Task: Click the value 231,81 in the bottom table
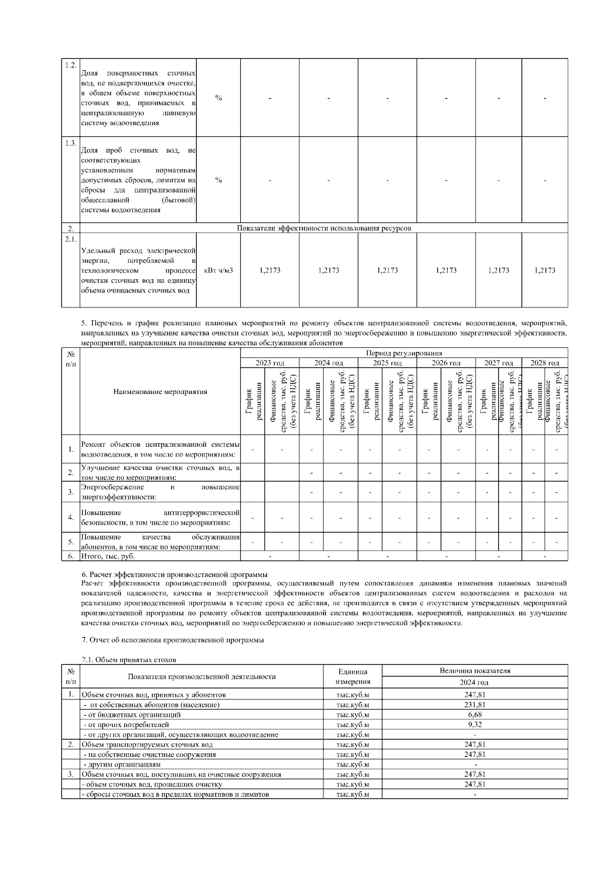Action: pyautogui.click(x=475, y=705)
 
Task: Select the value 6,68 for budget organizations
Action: pyautogui.click(x=475, y=714)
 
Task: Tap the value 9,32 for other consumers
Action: pyautogui.click(x=475, y=724)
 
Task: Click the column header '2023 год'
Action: pyautogui.click(x=270, y=363)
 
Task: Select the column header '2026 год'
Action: pyautogui.click(x=446, y=363)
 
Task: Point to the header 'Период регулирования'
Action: pyautogui.click(x=404, y=353)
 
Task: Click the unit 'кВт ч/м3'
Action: pyautogui.click(x=218, y=270)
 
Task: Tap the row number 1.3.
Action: pyautogui.click(x=71, y=142)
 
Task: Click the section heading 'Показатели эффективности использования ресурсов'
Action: pyautogui.click(x=324, y=228)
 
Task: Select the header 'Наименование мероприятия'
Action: pyautogui.click(x=160, y=391)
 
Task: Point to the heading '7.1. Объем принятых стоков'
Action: pyautogui.click(x=129, y=659)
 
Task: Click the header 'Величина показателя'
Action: pyautogui.click(x=475, y=670)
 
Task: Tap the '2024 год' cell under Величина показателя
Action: pyautogui.click(x=475, y=682)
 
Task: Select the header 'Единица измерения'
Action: pyautogui.click(x=353, y=676)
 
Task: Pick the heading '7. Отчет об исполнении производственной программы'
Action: pyautogui.click(x=173, y=639)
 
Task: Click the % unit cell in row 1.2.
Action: pyautogui.click(x=218, y=98)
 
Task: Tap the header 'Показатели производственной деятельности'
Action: pyautogui.click(x=202, y=676)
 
